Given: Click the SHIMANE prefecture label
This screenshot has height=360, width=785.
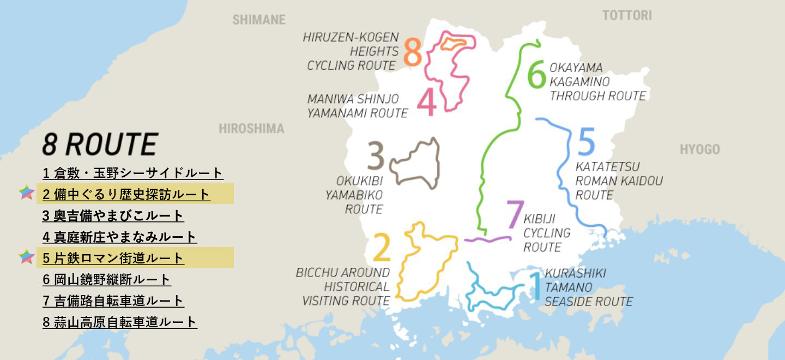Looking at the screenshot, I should (x=259, y=20).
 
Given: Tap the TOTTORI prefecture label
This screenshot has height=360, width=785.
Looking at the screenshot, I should (x=626, y=16).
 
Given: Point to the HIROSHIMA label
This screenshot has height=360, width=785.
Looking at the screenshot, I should (x=251, y=129).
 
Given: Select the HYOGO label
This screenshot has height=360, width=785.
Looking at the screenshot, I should (x=699, y=149).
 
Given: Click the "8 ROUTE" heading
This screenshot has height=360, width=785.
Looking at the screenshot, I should (x=100, y=145).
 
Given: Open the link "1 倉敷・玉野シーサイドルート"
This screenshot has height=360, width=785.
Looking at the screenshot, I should (x=133, y=173).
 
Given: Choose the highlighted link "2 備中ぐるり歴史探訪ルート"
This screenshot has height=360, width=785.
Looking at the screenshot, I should (x=126, y=194).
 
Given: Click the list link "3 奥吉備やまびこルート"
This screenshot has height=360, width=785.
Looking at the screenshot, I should (x=113, y=215).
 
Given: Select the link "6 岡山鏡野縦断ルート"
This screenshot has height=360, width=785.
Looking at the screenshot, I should (x=107, y=280).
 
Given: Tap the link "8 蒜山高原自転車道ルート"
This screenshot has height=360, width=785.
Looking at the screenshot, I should (x=120, y=322).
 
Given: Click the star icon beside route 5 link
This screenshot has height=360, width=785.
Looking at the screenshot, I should (x=26, y=257).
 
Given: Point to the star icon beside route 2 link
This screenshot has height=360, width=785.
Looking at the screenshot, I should (x=26, y=193).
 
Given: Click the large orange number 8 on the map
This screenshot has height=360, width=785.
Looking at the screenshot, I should (x=413, y=53).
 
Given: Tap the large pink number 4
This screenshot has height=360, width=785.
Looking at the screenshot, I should (x=427, y=102).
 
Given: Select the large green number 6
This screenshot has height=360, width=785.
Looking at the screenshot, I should (x=536, y=75).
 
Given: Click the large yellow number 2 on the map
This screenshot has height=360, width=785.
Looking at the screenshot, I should (x=382, y=248).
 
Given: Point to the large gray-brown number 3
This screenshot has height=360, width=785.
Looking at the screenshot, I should (x=376, y=157).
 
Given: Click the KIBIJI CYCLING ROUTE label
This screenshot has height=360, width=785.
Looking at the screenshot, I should (x=547, y=233).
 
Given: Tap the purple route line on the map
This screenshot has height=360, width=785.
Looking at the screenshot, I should (x=488, y=239).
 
